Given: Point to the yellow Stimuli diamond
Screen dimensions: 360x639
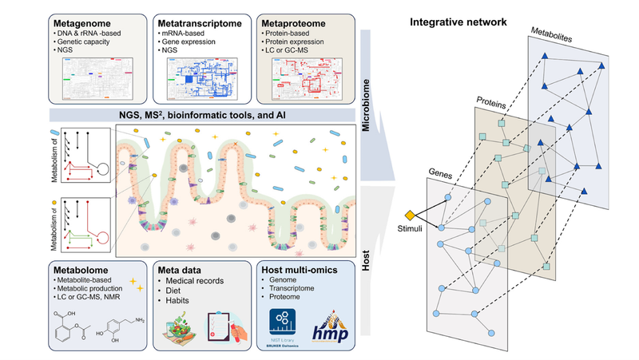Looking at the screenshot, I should coord(410,215).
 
